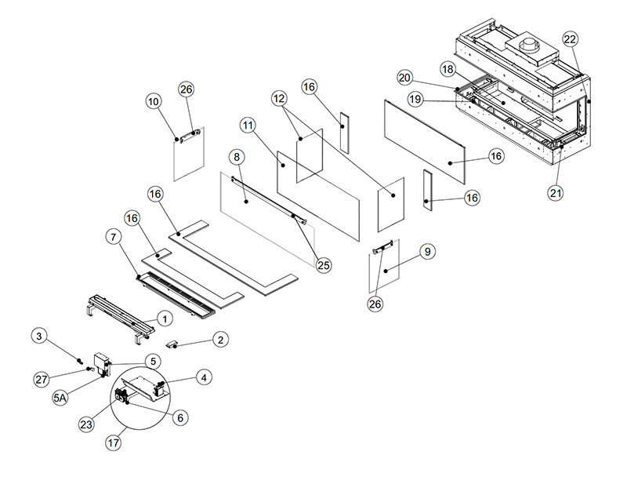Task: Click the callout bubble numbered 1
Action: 165,319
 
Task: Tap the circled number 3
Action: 40,337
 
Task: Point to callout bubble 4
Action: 202,377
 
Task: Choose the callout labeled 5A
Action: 60,399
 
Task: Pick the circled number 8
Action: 236,158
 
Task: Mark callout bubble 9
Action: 426,252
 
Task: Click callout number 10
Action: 153,101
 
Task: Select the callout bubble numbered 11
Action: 248,125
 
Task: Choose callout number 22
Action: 570,40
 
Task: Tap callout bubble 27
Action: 41,380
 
